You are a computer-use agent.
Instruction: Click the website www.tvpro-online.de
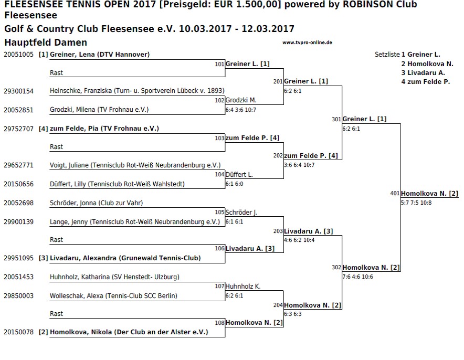pyautogui.click(x=307, y=43)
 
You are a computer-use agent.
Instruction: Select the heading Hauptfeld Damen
pyautogui.click(x=46, y=43)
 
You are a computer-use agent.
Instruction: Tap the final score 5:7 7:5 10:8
pyautogui.click(x=416, y=203)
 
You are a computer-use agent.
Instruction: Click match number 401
pyautogui.click(x=395, y=194)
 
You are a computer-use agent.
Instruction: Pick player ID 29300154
pyautogui.click(x=19, y=91)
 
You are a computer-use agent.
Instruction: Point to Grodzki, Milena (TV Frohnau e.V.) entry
pyautogui.click(x=99, y=110)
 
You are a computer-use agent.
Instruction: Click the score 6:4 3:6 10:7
pyautogui.click(x=241, y=110)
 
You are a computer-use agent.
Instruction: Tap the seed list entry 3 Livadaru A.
pyautogui.click(x=423, y=73)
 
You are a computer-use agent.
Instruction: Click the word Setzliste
pyautogui.click(x=387, y=55)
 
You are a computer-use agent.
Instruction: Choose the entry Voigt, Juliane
pyautogui.click(x=69, y=165)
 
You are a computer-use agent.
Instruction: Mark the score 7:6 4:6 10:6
pyautogui.click(x=358, y=277)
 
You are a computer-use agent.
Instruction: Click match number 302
pyautogui.click(x=336, y=268)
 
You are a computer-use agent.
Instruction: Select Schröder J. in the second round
pyautogui.click(x=241, y=213)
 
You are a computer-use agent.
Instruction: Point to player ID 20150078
pyautogui.click(x=19, y=332)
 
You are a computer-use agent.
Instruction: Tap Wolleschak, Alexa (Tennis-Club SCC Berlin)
pyautogui.click(x=113, y=296)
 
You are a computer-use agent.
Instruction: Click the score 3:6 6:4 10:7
pyautogui.click(x=299, y=165)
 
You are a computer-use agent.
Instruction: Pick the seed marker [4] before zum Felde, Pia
pyautogui.click(x=43, y=129)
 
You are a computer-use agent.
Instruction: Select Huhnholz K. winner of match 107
pyautogui.click(x=243, y=287)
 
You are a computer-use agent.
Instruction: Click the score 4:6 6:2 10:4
pyautogui.click(x=299, y=240)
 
